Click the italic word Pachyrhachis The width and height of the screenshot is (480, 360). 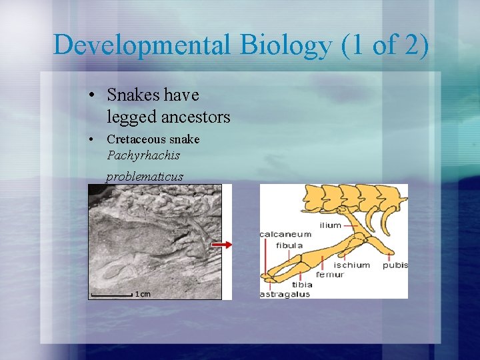click(x=143, y=155)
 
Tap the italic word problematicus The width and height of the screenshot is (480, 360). click(x=145, y=177)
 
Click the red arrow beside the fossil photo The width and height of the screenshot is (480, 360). click(x=222, y=245)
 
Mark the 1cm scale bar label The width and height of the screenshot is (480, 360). click(x=143, y=293)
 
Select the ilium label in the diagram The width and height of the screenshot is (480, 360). click(x=331, y=225)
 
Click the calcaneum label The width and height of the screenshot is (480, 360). click(x=285, y=234)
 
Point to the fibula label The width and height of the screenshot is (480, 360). click(x=289, y=245)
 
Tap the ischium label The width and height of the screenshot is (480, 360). click(x=351, y=265)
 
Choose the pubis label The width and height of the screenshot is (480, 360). click(x=395, y=265)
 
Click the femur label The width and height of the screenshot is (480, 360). click(x=329, y=274)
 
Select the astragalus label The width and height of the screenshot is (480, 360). click(x=285, y=294)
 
